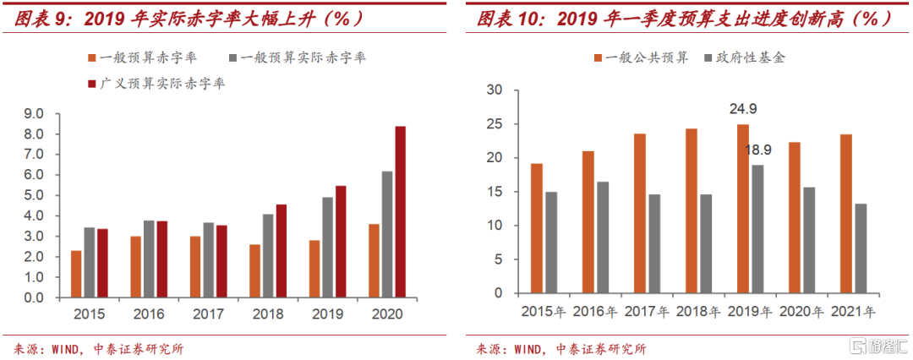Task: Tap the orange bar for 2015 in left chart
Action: tap(76, 274)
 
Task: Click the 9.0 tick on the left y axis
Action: tap(34, 113)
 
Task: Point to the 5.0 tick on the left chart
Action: tap(34, 195)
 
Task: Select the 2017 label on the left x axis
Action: tap(207, 314)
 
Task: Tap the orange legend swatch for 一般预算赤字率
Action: tap(91, 58)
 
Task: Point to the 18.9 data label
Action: tap(757, 150)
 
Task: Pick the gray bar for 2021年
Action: tap(861, 248)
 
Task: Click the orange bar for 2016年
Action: tap(588, 222)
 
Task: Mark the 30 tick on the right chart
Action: tap(496, 90)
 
